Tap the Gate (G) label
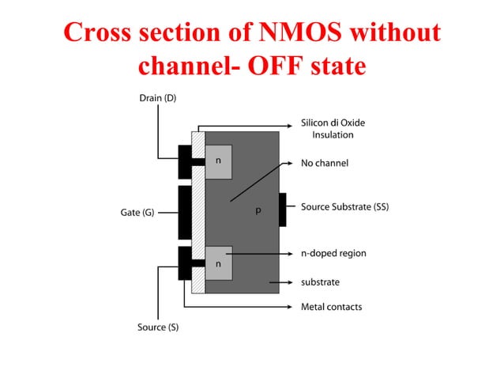(137, 213)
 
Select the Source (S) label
(158, 327)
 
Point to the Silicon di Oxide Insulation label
(333, 129)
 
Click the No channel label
(324, 164)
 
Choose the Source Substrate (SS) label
(344, 207)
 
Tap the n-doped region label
(333, 254)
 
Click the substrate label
(320, 282)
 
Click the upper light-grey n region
(219, 161)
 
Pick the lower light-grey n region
(219, 263)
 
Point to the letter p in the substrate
(257, 212)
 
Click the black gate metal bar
(185, 212)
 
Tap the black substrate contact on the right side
(282, 209)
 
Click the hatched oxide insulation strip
(198, 212)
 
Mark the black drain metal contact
(185, 161)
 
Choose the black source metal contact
(185, 263)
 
